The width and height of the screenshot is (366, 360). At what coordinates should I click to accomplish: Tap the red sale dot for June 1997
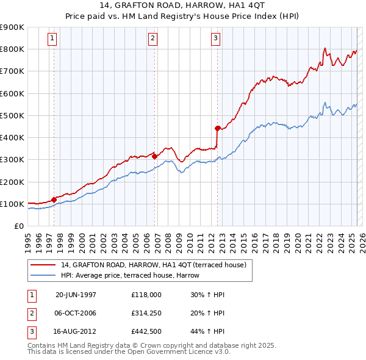click(x=54, y=200)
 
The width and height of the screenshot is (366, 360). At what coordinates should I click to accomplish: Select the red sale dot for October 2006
click(x=154, y=156)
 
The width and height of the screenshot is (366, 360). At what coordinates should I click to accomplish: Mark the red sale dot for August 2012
click(x=217, y=128)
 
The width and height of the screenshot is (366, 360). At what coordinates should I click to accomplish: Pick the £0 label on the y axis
click(x=18, y=226)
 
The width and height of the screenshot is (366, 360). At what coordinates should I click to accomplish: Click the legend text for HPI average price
click(x=130, y=275)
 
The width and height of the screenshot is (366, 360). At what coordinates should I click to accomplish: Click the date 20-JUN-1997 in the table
click(x=76, y=295)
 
